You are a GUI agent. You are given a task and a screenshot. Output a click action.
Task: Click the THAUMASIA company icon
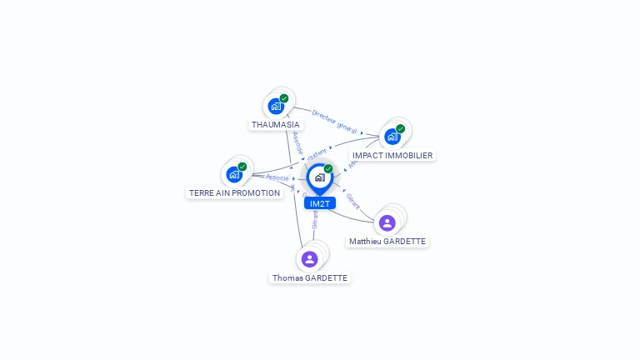276,107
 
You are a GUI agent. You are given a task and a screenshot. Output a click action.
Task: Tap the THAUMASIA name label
276,125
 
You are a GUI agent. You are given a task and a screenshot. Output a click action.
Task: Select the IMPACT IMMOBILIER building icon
392,137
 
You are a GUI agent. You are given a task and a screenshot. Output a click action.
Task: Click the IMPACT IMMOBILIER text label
392,155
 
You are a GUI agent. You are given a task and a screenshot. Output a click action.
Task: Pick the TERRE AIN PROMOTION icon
234,175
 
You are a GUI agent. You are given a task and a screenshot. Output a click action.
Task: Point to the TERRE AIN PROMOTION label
234,192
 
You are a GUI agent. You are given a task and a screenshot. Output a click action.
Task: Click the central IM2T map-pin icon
319,177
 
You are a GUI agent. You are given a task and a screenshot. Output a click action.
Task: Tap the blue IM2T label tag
319,203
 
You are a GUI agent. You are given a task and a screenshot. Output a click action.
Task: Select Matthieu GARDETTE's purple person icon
387,223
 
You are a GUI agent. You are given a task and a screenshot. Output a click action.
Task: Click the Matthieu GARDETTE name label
387,242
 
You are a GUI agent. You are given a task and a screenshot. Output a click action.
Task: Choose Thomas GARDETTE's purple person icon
309,259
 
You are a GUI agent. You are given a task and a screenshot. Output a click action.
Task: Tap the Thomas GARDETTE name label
309,277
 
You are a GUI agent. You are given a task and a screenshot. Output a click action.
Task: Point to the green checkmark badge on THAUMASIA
284,98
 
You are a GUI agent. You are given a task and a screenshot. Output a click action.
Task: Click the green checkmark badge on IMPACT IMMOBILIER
400,128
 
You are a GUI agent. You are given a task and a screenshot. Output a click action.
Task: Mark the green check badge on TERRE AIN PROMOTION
242,167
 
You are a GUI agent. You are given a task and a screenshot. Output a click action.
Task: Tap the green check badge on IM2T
328,168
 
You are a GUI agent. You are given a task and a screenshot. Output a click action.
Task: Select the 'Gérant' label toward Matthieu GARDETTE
352,201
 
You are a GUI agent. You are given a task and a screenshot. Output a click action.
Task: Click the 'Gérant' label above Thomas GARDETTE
315,219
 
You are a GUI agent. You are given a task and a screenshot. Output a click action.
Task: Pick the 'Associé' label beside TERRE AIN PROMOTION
277,177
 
